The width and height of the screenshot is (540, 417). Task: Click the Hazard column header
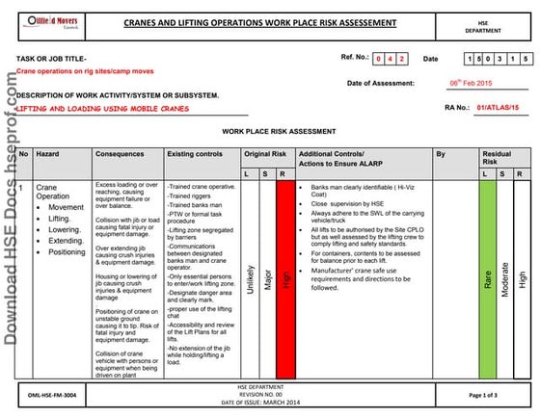[x=48, y=154]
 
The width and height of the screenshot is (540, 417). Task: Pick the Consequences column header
[x=121, y=154]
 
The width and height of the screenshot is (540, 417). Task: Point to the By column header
[x=441, y=154]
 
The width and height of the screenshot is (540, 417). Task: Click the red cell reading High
[x=285, y=279]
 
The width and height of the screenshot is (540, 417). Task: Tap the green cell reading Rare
[x=487, y=279]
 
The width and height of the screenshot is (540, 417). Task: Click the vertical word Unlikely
[x=250, y=279]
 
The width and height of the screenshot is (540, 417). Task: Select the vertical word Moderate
[x=504, y=279]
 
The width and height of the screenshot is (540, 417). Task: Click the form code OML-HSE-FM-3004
[x=54, y=395]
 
